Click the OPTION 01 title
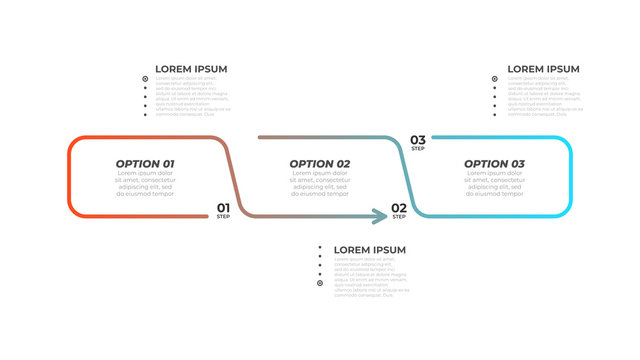click(145, 163)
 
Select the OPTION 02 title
click(320, 163)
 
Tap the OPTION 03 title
click(494, 163)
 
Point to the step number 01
click(224, 208)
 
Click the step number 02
click(399, 208)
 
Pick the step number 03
click(418, 140)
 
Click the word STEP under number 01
click(223, 217)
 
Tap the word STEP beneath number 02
click(399, 217)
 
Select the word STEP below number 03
click(418, 149)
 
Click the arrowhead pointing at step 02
click(382, 215)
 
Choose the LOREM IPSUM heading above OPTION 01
click(191, 69)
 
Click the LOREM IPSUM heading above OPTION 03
click(543, 69)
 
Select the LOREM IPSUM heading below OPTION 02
click(370, 249)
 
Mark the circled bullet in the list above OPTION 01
click(145, 78)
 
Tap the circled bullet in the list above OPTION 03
click(494, 78)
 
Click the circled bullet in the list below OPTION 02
click(320, 283)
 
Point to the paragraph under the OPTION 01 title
click(145, 183)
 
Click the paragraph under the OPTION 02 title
click(320, 183)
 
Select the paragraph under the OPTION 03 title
click(494, 183)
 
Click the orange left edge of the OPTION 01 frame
click(68, 175)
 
